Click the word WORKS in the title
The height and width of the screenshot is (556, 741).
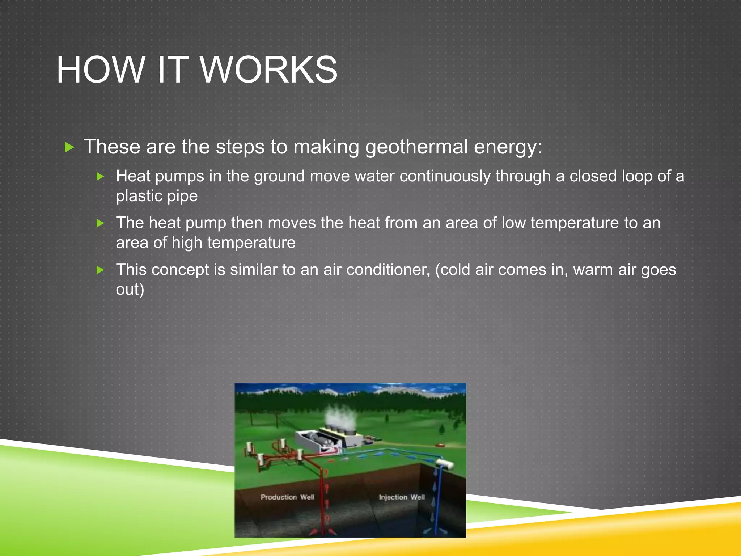click(x=269, y=70)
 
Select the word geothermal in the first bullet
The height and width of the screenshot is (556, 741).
click(x=416, y=147)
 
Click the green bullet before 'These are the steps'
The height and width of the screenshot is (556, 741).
click(x=69, y=147)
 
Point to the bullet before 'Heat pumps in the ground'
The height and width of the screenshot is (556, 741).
click(x=101, y=177)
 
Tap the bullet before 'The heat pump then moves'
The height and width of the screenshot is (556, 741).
click(x=101, y=223)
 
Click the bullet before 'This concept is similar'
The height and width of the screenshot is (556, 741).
click(x=101, y=270)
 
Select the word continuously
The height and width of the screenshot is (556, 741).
click(x=445, y=177)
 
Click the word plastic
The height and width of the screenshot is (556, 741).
click(x=139, y=196)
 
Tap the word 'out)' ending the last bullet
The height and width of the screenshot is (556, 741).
click(x=130, y=290)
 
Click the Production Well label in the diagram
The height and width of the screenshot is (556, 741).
click(x=287, y=497)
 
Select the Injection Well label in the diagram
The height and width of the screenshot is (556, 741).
click(x=402, y=497)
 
